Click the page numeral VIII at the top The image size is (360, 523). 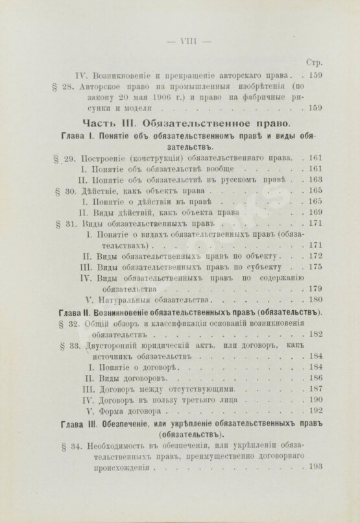180,40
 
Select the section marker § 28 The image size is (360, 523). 58,86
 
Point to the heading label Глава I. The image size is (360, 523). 72,136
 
